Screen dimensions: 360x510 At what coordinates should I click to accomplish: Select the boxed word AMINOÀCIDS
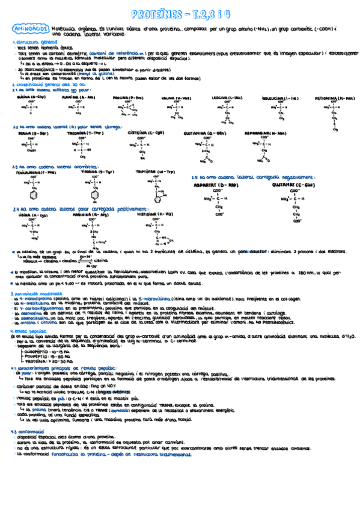click(x=30, y=28)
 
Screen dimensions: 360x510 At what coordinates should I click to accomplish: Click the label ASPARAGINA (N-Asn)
click(x=264, y=133)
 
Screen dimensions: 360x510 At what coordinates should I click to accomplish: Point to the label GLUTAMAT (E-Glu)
click(x=294, y=186)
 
